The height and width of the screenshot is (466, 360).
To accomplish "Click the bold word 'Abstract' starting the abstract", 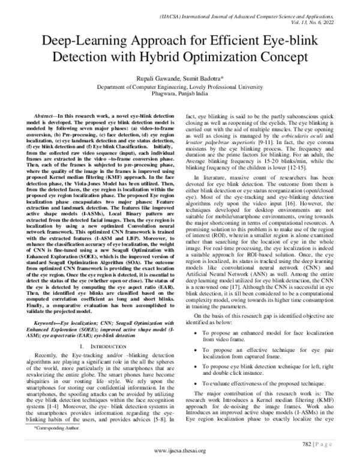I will point(50,114).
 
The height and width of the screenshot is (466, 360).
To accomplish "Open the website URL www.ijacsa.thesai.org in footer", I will point(179,450).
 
